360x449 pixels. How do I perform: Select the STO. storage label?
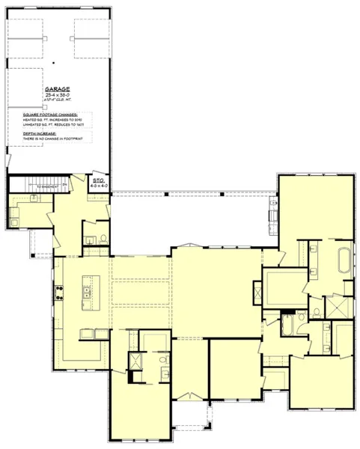[97, 180]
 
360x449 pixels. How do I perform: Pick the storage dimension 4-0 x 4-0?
[100, 186]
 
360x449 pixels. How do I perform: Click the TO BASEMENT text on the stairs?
[46, 186]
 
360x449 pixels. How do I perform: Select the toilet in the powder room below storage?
[103, 239]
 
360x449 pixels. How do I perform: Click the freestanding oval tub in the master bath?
[345, 260]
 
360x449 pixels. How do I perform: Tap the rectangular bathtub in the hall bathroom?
[289, 325]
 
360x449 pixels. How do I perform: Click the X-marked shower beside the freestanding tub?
[335, 308]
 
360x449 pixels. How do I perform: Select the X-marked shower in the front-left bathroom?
[136, 361]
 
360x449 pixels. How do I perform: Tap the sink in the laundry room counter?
[34, 199]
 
